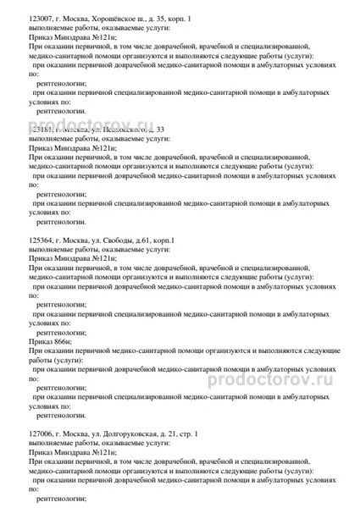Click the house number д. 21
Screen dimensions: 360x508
(180, 434)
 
